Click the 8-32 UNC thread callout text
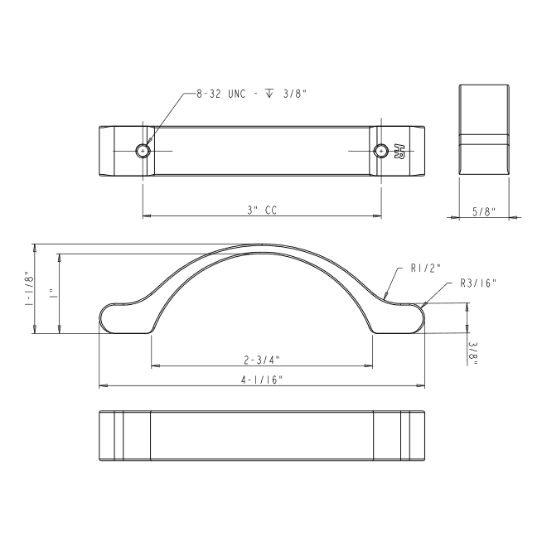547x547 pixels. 251,94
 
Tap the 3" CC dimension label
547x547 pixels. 262,211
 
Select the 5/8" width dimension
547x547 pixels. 484,211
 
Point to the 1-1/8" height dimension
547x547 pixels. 29,288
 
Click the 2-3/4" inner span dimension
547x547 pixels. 262,360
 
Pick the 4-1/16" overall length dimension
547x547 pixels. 262,380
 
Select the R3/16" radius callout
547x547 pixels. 478,283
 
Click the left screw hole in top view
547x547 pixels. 143,151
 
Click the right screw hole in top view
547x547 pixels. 381,151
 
